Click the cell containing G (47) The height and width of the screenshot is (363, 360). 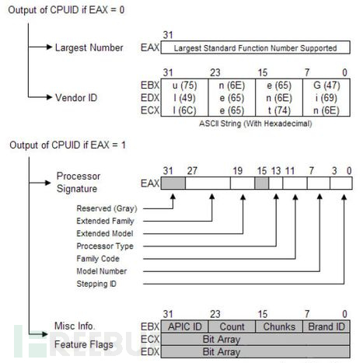click(327, 86)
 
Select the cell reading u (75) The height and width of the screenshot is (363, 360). click(184, 86)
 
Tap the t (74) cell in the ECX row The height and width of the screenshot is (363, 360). click(279, 110)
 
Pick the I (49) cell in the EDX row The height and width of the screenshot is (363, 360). click(184, 98)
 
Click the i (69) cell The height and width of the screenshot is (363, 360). click(327, 98)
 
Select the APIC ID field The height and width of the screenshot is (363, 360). click(184, 326)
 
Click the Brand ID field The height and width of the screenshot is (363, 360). click(327, 326)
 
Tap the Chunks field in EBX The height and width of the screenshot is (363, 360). click(279, 326)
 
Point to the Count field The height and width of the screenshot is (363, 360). click(232, 326)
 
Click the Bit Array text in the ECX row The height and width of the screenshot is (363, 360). click(222, 339)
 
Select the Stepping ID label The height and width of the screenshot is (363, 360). click(96, 284)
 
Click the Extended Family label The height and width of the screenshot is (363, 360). click(105, 221)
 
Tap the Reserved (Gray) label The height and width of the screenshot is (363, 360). click(107, 208)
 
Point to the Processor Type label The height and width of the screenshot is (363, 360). click(105, 246)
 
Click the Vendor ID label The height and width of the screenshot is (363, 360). click(76, 98)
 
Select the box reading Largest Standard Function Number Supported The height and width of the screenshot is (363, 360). click(255, 47)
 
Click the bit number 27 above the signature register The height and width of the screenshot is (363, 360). click(192, 171)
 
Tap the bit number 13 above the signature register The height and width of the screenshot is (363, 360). click(276, 171)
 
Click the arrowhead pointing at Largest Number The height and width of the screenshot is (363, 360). click(49, 47)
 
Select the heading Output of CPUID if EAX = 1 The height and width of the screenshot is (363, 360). click(68, 145)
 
